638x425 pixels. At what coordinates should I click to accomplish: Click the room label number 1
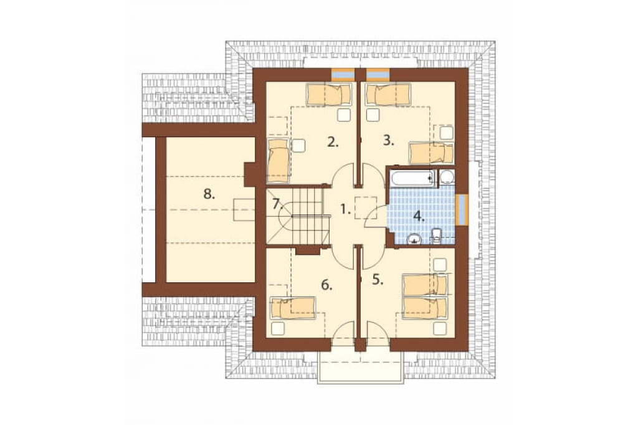point(345,210)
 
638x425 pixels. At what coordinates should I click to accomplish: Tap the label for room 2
point(333,142)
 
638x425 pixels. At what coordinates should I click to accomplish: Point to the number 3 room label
point(389,141)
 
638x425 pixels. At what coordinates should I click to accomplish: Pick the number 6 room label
point(326,285)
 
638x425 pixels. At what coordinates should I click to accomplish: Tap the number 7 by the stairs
point(277,203)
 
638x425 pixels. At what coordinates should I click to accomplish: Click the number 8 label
point(209,194)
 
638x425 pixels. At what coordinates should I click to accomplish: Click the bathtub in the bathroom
point(412,178)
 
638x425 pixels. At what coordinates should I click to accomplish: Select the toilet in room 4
point(436,236)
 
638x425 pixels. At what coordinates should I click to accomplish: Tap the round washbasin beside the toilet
point(414,239)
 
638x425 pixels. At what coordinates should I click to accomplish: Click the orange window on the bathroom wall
point(462,209)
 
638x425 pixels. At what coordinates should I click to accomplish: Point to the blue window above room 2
point(343,74)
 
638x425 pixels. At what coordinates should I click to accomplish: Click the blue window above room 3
point(378,74)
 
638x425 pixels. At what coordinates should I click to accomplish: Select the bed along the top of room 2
point(329,95)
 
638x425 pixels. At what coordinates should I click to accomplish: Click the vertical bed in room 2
point(279,160)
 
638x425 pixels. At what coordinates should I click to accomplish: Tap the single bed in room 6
point(293,308)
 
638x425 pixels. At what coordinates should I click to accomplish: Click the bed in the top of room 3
point(388,95)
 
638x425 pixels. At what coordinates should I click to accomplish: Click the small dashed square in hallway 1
point(366,208)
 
